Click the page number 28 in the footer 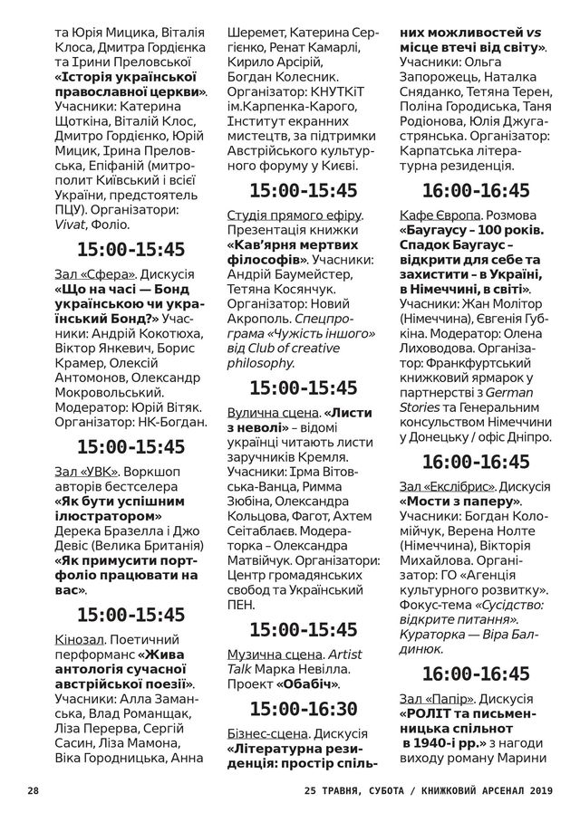(34, 790)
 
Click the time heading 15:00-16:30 (304, 708)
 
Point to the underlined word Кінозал (81, 639)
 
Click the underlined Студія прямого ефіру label (294, 215)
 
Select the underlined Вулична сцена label (270, 413)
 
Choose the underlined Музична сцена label (274, 654)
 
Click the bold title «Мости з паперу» (453, 501)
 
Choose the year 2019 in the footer (542, 790)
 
